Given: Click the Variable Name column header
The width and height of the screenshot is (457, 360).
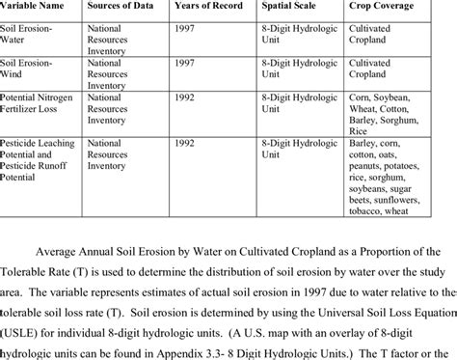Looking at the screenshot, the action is (41, 8).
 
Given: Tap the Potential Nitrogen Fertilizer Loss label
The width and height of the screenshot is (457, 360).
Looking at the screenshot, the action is (42, 104).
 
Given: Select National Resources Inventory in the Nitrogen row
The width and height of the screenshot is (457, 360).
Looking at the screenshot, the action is (114, 109).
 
